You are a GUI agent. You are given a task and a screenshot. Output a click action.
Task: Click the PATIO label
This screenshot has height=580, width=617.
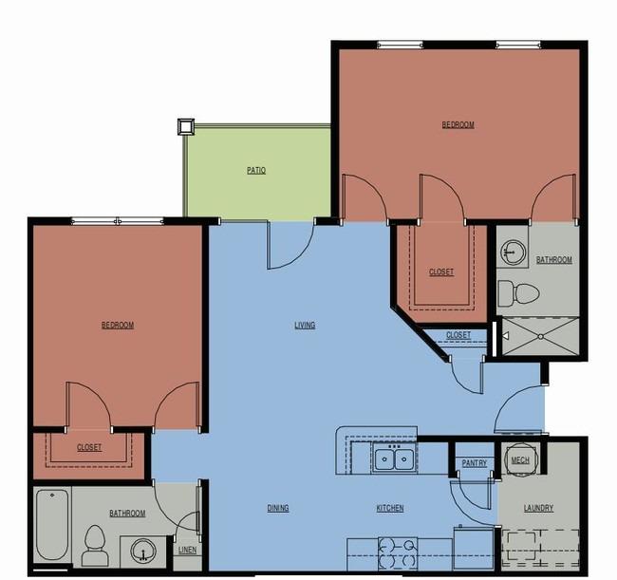pyautogui.click(x=256, y=170)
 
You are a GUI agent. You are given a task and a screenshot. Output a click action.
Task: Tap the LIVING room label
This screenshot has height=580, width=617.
pyautogui.click(x=305, y=325)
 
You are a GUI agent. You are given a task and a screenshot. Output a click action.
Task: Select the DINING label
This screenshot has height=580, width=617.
pyautogui.click(x=278, y=508)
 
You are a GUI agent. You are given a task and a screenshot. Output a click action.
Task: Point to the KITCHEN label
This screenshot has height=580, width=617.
pyautogui.click(x=390, y=508)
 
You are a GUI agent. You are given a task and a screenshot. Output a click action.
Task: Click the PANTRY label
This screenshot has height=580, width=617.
pyautogui.click(x=475, y=463)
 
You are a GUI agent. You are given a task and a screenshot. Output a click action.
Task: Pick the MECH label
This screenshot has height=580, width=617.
pyautogui.click(x=520, y=460)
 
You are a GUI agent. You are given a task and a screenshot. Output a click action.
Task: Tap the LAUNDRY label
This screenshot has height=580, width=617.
pyautogui.click(x=538, y=508)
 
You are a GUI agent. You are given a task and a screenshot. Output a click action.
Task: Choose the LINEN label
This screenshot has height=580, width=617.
pyautogui.click(x=187, y=550)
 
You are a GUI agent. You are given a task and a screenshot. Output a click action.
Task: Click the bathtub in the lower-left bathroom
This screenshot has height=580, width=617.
pyautogui.click(x=52, y=524)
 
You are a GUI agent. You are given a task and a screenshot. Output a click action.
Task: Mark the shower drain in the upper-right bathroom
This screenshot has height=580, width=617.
pyautogui.click(x=541, y=337)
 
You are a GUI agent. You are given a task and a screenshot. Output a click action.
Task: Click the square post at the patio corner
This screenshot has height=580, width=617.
pyautogui.click(x=186, y=126)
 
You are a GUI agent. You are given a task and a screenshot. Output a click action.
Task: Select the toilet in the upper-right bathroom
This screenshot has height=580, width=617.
pyautogui.click(x=518, y=293)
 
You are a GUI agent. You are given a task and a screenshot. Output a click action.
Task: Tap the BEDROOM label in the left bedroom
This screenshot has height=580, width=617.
pyautogui.click(x=118, y=325)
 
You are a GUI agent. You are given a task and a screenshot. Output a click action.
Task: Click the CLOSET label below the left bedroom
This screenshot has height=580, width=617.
pyautogui.click(x=89, y=447)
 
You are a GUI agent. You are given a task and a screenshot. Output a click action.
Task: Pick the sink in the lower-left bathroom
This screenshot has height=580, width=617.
pyautogui.click(x=142, y=550)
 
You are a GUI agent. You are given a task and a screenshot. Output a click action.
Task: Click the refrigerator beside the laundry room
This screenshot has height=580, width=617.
pyautogui.click(x=474, y=549)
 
